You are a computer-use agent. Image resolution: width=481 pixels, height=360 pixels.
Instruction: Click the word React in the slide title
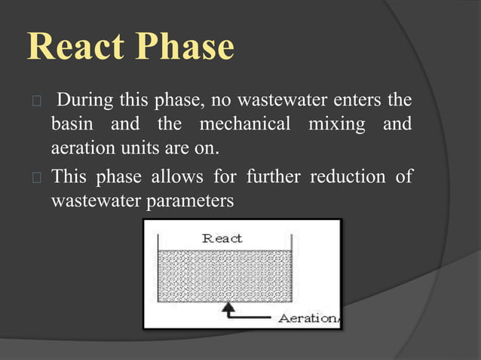coord(75,47)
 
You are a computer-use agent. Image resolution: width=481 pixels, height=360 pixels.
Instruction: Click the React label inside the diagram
coord(222,238)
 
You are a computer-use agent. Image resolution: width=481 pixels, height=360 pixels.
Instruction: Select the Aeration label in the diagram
coord(308,318)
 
